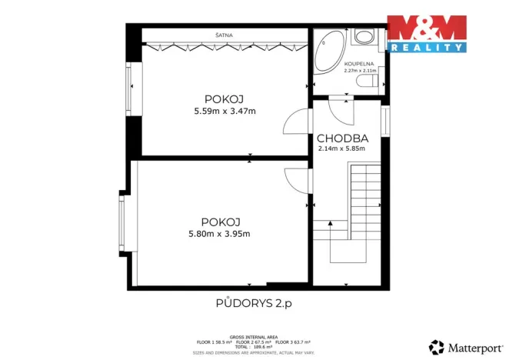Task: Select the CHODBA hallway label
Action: [343, 138]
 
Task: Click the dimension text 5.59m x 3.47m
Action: [225, 112]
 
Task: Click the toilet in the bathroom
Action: [364, 38]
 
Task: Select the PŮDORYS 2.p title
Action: [254, 303]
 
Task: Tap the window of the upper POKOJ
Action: [130, 88]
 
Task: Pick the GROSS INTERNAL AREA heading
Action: [253, 336]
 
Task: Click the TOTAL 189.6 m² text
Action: [253, 346]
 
